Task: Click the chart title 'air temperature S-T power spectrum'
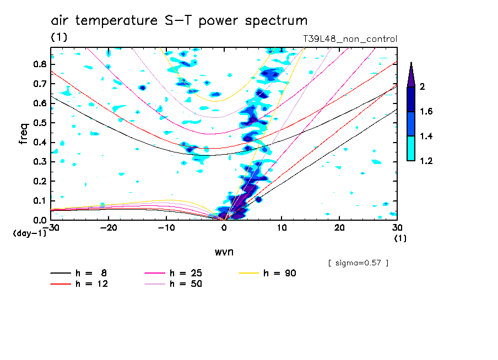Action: pos(179,21)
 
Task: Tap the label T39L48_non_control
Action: pos(350,39)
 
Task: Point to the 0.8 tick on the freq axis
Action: pos(39,64)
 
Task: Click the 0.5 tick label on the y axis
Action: pos(39,123)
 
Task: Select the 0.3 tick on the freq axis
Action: pos(39,162)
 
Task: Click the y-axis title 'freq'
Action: pos(24,134)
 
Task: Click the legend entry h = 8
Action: pos(77,273)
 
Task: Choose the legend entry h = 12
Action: pos(77,284)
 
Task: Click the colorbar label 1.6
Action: pos(426,112)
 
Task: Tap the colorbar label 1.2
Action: pos(426,161)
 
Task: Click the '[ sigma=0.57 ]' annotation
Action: pos(358,263)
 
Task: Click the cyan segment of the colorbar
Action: pos(410,148)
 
